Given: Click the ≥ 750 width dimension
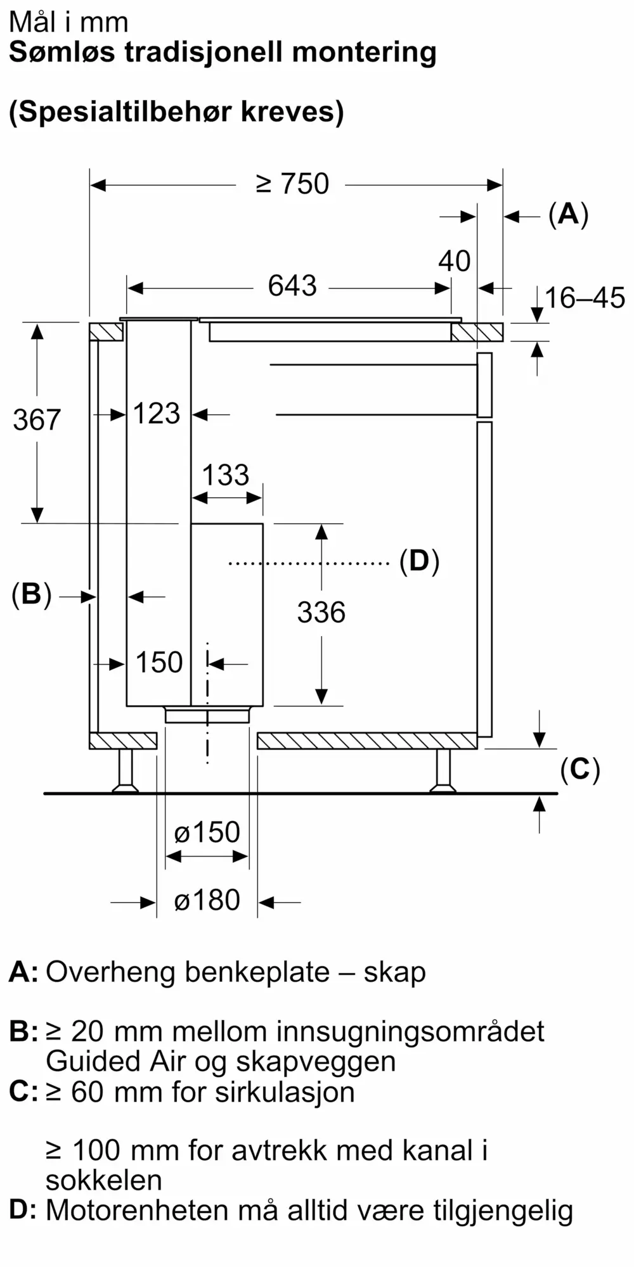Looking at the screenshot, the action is coord(292,184).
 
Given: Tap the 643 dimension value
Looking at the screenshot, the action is coord(292,286).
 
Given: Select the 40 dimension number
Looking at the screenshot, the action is coord(455,261).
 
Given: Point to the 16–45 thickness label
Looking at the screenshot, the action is coord(585,298).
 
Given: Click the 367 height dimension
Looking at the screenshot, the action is coord(37,420).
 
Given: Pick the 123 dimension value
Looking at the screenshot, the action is coord(157,414).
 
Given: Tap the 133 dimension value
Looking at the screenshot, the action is coord(226,475).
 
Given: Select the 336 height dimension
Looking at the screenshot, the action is coord(321,613).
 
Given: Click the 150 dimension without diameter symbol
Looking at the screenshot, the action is coord(159,663).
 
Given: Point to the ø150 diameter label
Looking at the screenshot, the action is coord(207,832).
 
